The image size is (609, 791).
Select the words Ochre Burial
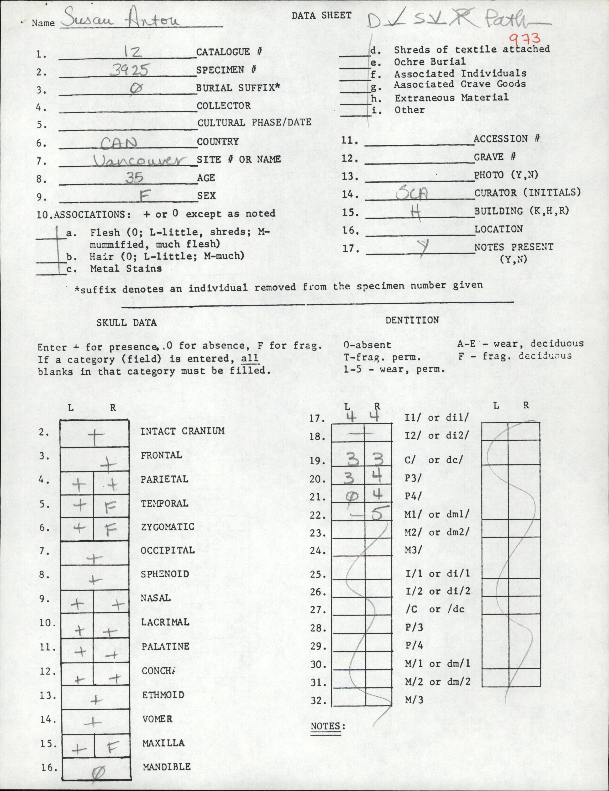[430, 62]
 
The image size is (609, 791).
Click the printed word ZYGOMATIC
[168, 527]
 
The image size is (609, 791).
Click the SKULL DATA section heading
[126, 322]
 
